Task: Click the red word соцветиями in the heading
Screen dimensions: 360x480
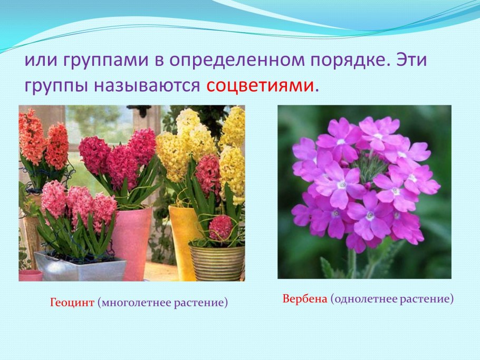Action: (260, 85)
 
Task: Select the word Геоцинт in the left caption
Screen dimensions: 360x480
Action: (72, 303)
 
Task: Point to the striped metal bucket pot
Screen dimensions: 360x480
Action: (217, 262)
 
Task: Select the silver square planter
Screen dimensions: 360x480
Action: (79, 266)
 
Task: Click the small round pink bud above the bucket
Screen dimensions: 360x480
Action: (220, 227)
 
